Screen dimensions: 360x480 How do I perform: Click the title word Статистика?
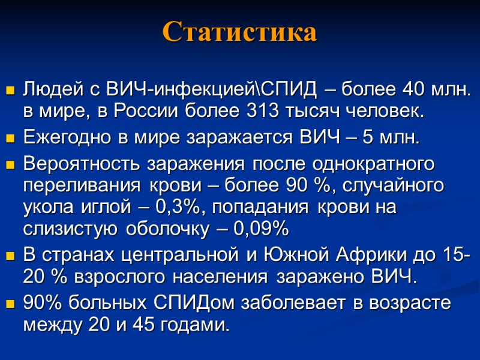(239, 32)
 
